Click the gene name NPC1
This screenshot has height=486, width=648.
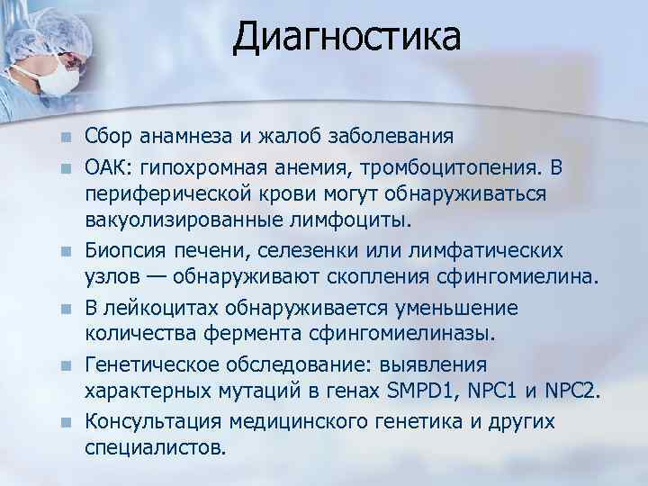[x=499, y=392]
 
